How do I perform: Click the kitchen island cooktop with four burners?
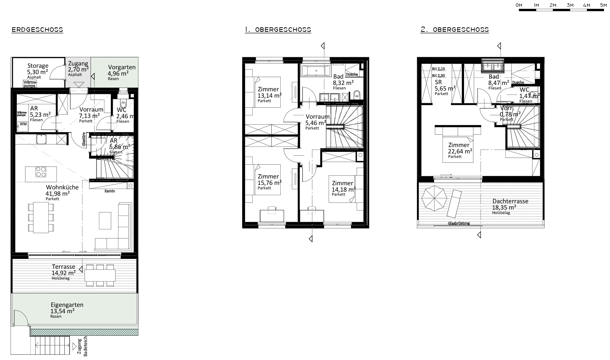42,173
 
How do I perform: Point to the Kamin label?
110,191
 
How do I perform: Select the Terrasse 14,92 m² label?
63,270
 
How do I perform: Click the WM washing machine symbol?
23,123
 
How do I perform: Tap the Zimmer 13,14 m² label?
268,92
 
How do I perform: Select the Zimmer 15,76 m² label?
268,180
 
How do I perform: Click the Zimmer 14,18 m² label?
342,186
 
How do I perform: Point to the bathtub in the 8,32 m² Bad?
316,70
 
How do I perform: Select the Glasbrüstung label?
458,223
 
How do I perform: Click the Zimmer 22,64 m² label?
459,148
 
